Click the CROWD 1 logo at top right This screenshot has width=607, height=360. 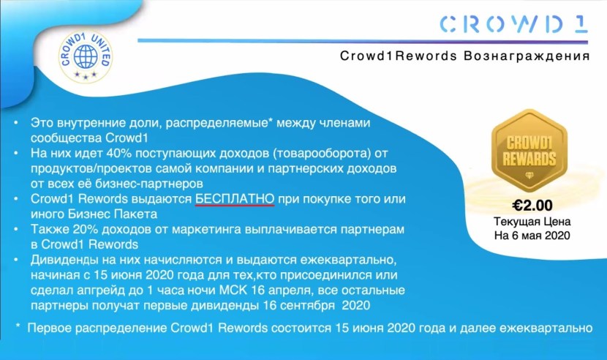tap(513, 24)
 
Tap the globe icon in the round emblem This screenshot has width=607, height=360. tap(86, 56)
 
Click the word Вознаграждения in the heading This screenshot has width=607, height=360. tap(527, 56)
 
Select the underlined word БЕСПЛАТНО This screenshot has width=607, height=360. tap(235, 199)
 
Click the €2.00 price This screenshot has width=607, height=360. tap(532, 206)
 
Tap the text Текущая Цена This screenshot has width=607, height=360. tap(532, 222)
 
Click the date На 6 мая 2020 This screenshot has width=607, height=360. tap(532, 236)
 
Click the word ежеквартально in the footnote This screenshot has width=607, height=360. tap(546, 329)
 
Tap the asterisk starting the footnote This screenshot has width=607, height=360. tap(18, 326)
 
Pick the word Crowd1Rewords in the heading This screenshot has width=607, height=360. tap(399, 56)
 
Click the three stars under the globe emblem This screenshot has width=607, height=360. tap(86, 75)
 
